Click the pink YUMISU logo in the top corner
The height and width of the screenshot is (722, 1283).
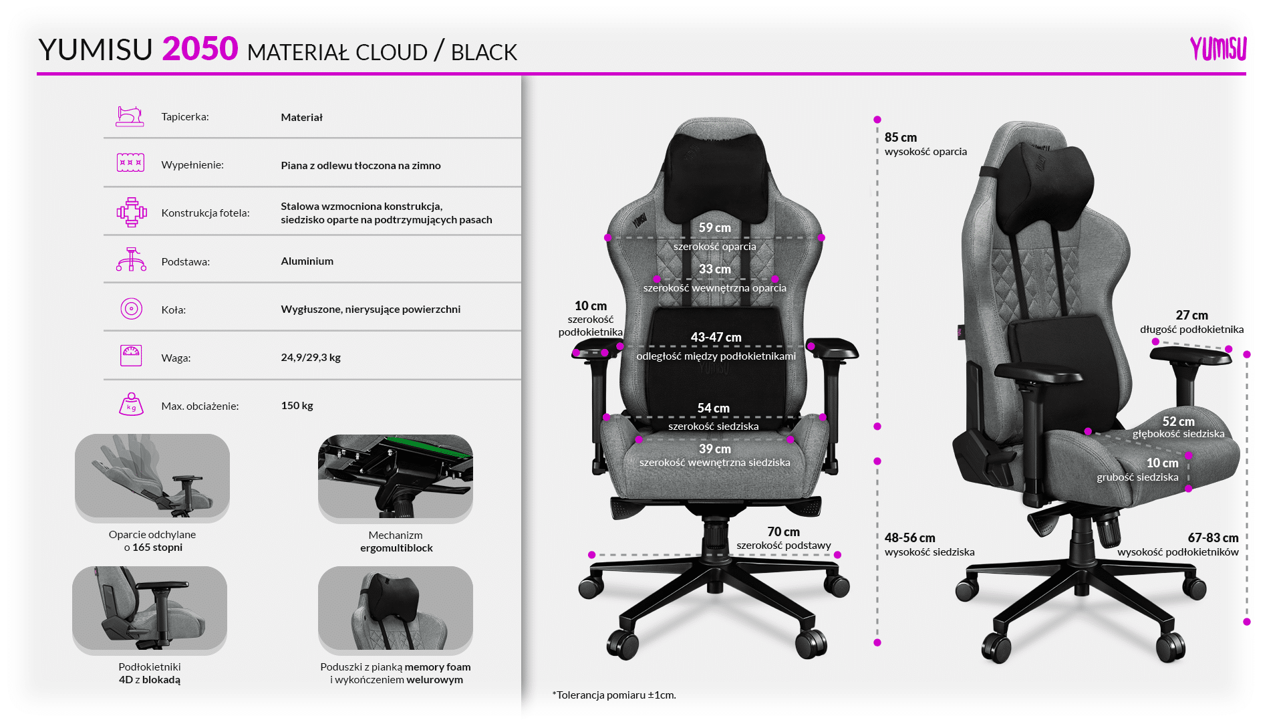click(1218, 49)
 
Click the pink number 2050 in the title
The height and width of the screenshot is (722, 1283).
click(200, 49)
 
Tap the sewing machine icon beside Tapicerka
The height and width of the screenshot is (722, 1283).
click(130, 116)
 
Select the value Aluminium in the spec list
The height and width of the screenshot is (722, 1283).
click(307, 261)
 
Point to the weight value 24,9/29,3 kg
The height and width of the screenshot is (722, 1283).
click(311, 358)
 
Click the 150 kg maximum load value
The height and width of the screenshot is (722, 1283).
click(297, 406)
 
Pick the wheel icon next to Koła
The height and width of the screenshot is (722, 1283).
click(131, 309)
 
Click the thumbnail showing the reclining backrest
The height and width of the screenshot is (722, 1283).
click(152, 476)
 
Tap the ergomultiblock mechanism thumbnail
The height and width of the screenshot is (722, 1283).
click(396, 476)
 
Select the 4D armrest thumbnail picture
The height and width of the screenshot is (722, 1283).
click(150, 608)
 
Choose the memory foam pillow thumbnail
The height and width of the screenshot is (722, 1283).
click(396, 608)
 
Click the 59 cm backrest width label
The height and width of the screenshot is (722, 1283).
click(714, 228)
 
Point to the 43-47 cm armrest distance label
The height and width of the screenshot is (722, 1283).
click(716, 338)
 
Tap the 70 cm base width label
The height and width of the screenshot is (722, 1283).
click(783, 532)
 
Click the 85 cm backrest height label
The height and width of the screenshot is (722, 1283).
click(900, 138)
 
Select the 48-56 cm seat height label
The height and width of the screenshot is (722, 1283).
click(909, 538)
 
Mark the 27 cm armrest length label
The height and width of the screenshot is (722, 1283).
click(1191, 316)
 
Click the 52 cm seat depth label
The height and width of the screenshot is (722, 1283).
click(1178, 422)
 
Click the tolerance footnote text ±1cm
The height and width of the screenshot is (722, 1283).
click(614, 695)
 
